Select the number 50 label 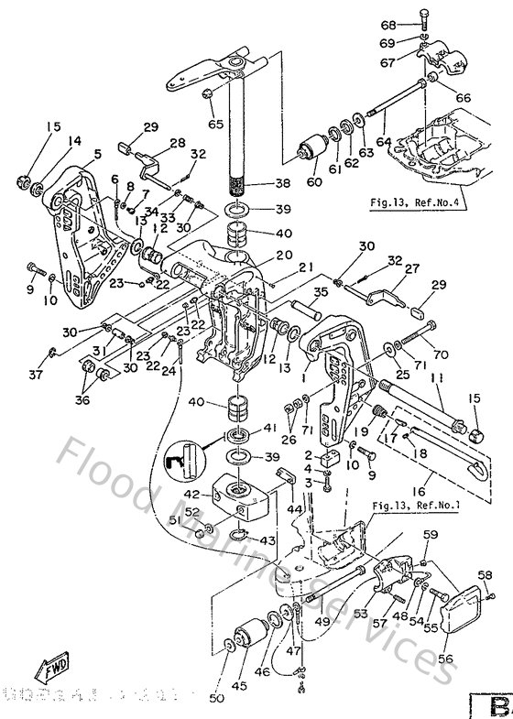click(216, 699)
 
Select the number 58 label click(485, 575)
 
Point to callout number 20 click(257, 255)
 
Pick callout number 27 click(411, 268)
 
